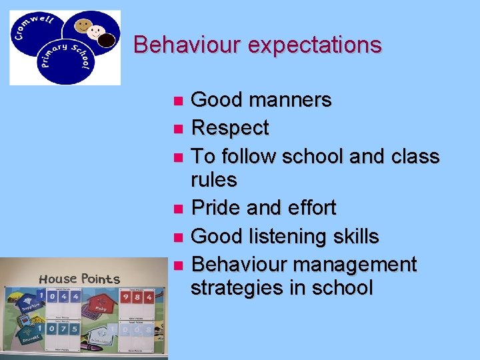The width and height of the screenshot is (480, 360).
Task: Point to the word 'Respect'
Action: (x=230, y=127)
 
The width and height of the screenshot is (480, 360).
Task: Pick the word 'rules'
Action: (x=213, y=179)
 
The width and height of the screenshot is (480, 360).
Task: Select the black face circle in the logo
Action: (x=107, y=41)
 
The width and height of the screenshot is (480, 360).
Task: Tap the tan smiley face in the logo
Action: (x=83, y=27)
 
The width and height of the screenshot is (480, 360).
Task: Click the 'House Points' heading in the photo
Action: (x=79, y=279)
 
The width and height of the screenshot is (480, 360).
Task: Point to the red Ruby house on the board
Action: (x=100, y=305)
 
